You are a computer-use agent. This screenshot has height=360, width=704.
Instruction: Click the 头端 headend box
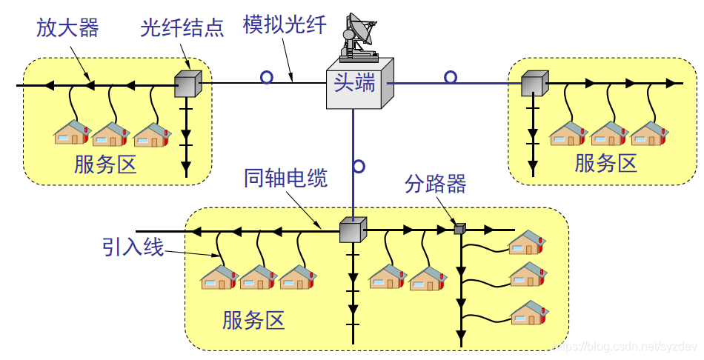tap(359, 84)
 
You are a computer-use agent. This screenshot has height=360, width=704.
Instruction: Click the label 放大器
tap(67, 28)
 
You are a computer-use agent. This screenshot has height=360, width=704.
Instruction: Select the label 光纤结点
tap(182, 28)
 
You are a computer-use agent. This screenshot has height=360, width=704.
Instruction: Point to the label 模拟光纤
tap(285, 25)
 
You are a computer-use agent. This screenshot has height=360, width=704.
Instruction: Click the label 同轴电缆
tap(285, 178)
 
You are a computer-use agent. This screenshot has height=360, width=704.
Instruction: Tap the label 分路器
tap(436, 184)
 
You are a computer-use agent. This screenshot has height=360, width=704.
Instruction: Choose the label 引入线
tap(133, 247)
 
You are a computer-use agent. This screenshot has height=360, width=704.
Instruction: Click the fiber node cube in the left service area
tap(187, 84)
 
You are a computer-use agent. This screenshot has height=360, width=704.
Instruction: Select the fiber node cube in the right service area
tap(534, 84)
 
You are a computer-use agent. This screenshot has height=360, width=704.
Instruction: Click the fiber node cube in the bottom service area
tap(353, 230)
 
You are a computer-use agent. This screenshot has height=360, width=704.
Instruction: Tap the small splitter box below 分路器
tap(459, 229)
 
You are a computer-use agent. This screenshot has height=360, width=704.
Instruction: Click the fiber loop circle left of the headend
tap(266, 77)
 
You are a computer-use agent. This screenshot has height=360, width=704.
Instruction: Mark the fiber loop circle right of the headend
tap(451, 77)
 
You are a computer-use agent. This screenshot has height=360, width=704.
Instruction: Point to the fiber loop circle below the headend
tap(359, 166)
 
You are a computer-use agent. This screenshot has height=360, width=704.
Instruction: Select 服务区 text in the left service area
tap(105, 164)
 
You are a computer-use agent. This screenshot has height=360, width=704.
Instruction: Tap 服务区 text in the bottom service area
tap(253, 320)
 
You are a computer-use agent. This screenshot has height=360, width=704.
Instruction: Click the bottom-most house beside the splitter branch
tap(528, 312)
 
